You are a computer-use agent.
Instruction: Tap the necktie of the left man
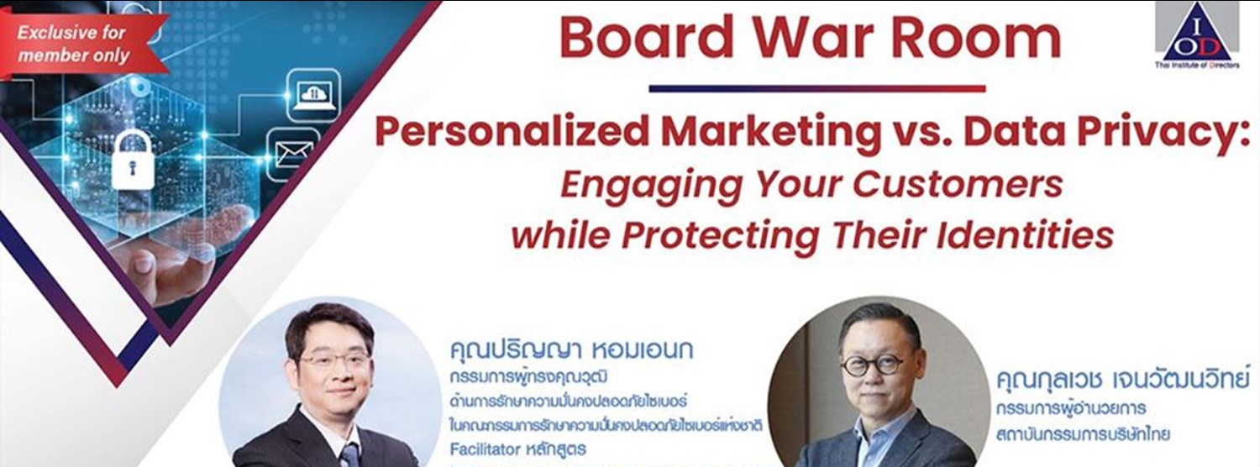(347, 455)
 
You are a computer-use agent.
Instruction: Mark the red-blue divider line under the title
(816, 87)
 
